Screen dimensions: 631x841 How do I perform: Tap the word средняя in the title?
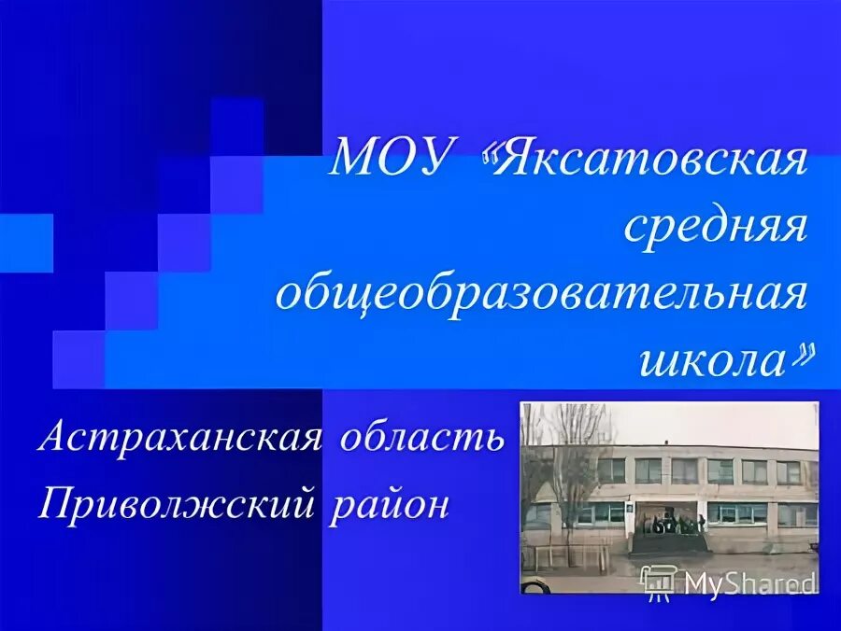715,228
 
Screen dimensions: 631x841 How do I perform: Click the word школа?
713,360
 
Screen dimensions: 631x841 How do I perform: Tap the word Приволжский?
174,505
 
